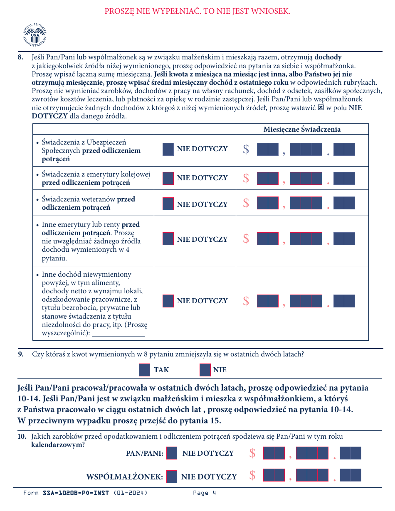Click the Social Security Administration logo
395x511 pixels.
[35, 35]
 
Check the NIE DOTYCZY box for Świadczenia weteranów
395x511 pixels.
[168, 204]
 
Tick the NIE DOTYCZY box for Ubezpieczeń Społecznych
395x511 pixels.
[168, 149]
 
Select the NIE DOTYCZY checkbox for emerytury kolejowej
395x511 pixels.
[168, 178]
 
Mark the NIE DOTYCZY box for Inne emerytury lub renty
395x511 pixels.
[168, 238]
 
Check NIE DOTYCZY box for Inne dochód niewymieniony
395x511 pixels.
[168, 301]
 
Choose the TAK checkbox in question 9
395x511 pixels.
[144, 370]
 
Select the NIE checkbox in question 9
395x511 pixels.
[205, 370]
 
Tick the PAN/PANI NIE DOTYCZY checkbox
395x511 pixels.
[172, 453]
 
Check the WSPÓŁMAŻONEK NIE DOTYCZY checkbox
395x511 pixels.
[172, 477]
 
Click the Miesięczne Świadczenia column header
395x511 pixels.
[302, 129]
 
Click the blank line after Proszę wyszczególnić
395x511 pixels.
[118, 334]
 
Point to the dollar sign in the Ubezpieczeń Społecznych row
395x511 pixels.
[246, 149]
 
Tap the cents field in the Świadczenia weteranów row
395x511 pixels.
[344, 203]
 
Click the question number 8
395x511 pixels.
[21, 57]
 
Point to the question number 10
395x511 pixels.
[22, 437]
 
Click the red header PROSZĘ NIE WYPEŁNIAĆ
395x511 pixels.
[197, 11]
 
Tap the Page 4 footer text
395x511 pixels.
[205, 493]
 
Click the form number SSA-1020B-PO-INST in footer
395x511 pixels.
[76, 493]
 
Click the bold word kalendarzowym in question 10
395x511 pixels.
[57, 444]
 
